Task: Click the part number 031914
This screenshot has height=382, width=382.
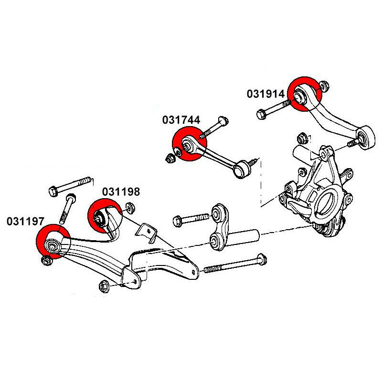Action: [265, 94]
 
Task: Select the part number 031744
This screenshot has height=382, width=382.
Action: [181, 120]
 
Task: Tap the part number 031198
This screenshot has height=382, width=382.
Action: [121, 192]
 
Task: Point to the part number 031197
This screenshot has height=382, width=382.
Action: [25, 221]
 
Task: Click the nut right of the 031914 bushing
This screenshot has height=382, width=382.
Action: [324, 86]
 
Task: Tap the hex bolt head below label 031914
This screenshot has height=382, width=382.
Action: [261, 114]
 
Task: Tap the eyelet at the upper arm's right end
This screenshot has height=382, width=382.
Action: [367, 138]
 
